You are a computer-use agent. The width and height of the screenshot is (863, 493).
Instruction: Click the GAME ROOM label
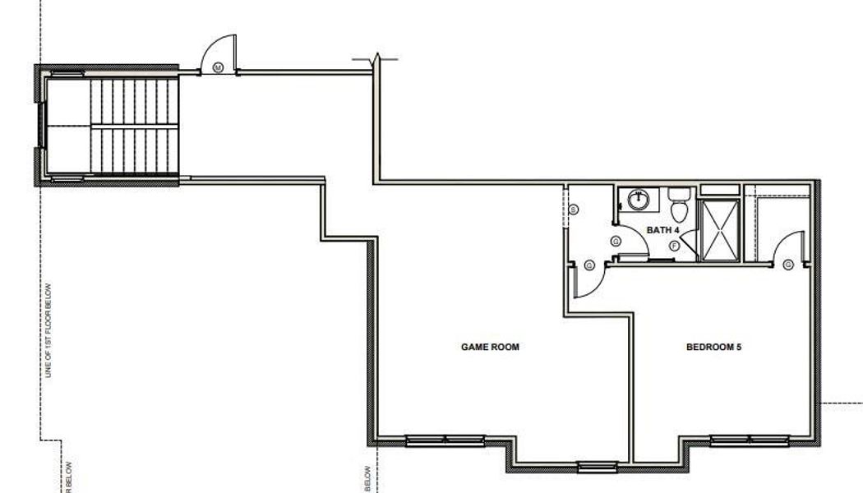[489, 348]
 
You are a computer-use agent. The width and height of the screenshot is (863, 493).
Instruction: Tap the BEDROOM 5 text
[713, 348]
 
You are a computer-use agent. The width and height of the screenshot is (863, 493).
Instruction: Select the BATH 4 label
[662, 230]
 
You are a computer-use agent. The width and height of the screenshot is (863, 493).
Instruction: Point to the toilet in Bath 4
[678, 198]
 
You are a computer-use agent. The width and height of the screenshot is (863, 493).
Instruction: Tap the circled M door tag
[219, 67]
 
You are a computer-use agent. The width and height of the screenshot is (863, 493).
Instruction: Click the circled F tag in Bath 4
[674, 245]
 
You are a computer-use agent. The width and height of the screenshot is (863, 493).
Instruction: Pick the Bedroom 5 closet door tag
[787, 265]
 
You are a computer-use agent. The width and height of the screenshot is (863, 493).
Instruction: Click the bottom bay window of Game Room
[597, 468]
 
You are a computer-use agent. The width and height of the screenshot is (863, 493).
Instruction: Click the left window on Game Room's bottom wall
[438, 440]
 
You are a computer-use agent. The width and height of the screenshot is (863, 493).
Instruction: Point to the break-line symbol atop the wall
[376, 59]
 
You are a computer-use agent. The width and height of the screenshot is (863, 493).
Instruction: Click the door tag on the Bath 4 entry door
[615, 242]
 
